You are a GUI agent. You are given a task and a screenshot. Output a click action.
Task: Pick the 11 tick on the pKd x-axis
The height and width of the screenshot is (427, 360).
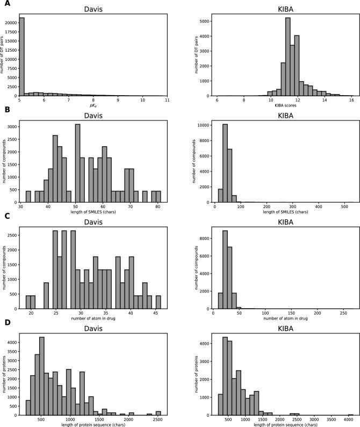tap(167, 100)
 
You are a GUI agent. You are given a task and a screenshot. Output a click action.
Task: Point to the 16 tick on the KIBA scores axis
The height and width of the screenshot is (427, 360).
tap(351, 100)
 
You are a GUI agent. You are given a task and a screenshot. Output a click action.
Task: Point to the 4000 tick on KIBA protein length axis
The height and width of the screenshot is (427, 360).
tap(349, 418)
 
